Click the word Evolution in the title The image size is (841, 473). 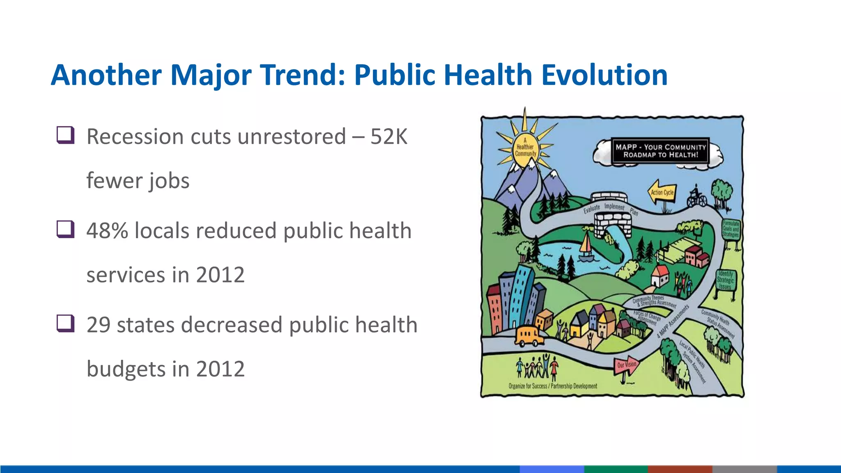tap(604, 75)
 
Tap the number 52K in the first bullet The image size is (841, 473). tap(388, 137)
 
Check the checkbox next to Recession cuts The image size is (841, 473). tap(65, 135)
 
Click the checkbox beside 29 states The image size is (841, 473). tap(65, 323)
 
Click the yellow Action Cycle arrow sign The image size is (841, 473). tap(662, 192)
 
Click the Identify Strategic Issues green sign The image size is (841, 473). tap(725, 280)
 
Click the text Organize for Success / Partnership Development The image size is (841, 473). tap(553, 386)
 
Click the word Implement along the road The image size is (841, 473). tap(614, 207)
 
